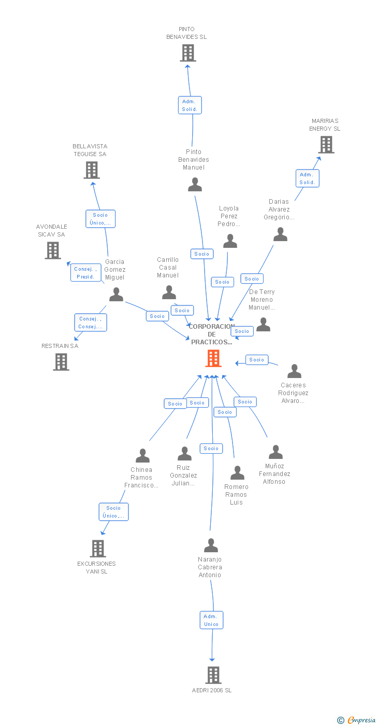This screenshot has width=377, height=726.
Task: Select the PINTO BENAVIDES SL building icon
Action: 187,53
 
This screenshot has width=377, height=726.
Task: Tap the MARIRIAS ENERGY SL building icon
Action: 326,145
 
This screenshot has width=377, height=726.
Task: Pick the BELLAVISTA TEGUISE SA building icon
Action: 92,170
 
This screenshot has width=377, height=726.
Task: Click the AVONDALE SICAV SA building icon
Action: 52,250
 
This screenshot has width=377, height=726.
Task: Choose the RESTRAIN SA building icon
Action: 61,362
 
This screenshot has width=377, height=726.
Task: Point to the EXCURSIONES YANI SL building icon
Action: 97,548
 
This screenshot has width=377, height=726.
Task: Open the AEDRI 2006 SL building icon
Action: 213,675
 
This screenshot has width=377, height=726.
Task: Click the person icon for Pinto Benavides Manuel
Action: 195,185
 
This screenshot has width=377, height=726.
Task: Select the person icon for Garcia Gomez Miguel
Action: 116,295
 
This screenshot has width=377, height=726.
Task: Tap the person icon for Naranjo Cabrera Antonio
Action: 211,546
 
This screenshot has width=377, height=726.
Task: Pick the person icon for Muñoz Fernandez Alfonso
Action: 275,452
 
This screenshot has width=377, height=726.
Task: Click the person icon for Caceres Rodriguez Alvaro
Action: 294,371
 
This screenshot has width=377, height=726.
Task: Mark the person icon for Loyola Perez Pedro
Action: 230,241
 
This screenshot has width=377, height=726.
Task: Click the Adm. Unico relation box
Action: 211,620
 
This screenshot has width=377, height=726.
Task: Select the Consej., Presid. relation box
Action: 85,273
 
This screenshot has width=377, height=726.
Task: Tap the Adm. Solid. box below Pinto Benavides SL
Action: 189,105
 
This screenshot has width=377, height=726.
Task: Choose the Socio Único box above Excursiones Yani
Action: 113,512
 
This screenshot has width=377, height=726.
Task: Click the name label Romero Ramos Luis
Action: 236,494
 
